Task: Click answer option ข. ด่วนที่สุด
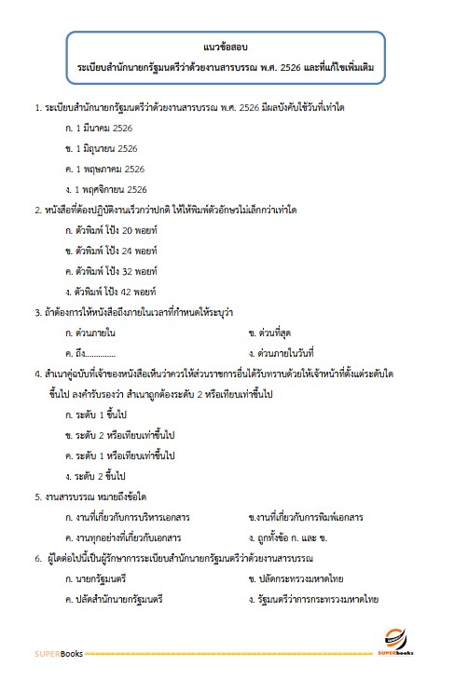(x=278, y=332)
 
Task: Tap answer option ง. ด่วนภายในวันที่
(x=287, y=352)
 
